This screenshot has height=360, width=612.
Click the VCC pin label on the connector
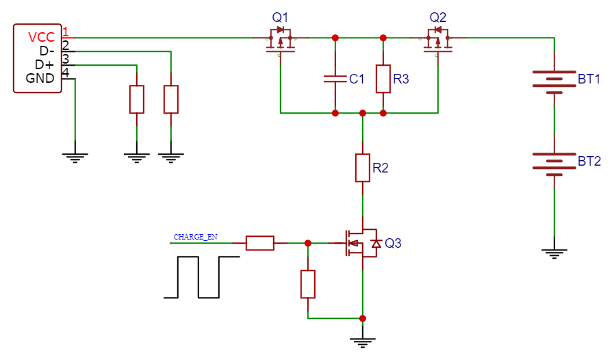point(41,38)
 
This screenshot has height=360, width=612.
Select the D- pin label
point(45,51)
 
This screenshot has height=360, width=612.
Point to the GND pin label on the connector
point(40,78)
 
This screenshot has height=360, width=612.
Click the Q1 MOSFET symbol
point(281,40)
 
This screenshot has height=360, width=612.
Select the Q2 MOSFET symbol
point(438,40)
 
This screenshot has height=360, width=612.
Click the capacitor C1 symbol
point(335,79)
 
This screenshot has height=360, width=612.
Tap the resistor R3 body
point(383,79)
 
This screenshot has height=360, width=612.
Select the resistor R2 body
point(363,168)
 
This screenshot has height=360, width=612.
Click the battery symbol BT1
point(554,79)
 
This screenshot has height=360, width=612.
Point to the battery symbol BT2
point(554,162)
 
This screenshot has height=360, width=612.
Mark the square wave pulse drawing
point(202,277)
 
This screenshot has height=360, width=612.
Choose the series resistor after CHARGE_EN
point(260,243)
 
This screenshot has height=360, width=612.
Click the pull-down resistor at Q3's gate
point(308,284)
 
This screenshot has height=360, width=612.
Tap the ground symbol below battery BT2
point(554,253)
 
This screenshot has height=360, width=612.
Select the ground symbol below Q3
point(363,342)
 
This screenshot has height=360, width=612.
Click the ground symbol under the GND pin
point(75,157)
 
